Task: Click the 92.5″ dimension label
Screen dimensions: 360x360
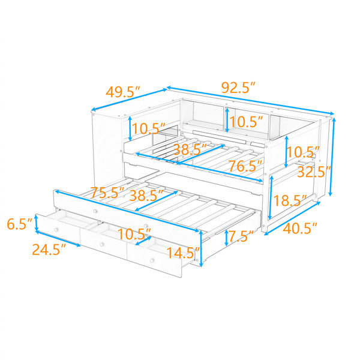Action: point(238,88)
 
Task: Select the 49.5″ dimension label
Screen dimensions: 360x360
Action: point(122,92)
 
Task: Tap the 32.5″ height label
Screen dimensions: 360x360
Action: point(314,172)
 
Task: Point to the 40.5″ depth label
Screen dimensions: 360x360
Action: point(300,229)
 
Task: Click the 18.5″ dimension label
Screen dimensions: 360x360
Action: point(290,200)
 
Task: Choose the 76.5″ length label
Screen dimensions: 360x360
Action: point(245,166)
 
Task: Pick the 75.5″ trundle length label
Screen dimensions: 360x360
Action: point(107,193)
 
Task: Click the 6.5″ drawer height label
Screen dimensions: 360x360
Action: point(20,224)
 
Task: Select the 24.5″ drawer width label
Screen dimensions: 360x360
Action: point(49,250)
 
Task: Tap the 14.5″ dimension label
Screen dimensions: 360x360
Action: point(183,253)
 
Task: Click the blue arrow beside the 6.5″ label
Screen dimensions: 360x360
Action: point(36,223)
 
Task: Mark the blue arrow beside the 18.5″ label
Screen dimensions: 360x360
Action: point(271,197)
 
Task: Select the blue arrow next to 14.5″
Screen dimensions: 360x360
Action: point(202,248)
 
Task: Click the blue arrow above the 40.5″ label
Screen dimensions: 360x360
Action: point(292,218)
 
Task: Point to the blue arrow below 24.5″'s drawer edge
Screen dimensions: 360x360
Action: point(58,239)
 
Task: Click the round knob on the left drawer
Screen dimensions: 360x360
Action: point(56,230)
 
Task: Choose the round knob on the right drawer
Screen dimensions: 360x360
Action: point(152,260)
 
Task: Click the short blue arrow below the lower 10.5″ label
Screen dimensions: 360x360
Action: point(143,241)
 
